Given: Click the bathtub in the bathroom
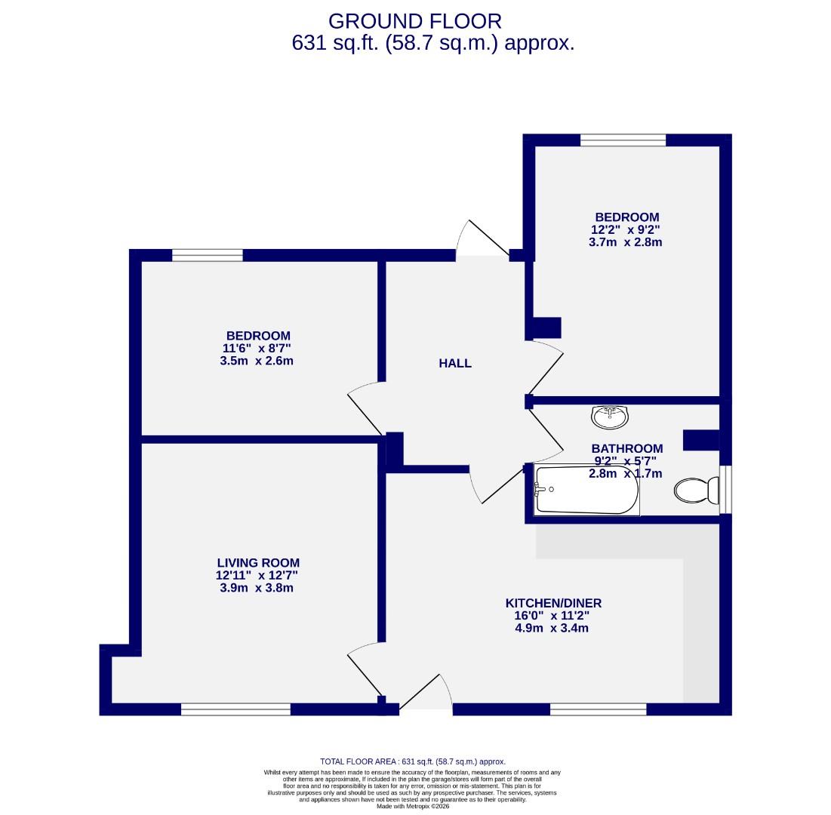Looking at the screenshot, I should click(x=586, y=490).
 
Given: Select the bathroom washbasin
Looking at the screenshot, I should click(x=611, y=415).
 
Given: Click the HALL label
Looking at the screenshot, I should click(x=455, y=363).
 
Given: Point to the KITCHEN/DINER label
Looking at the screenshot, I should click(x=553, y=603).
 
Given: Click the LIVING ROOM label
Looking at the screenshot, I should click(x=258, y=562).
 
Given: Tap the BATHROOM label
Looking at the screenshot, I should click(x=626, y=448).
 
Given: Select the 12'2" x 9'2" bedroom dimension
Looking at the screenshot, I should click(x=626, y=230).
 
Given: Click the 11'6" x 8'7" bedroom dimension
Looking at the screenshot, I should click(x=257, y=348).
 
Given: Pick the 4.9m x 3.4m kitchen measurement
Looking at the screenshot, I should click(x=552, y=628).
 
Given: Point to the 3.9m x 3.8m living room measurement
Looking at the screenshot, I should click(x=257, y=587).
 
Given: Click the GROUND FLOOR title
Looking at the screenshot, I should click(x=414, y=21).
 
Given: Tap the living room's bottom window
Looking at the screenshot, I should click(x=235, y=709).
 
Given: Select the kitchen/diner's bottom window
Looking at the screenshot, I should click(x=598, y=709).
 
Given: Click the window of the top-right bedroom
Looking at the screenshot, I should click(x=623, y=140).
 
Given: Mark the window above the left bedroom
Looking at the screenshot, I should click(x=208, y=255).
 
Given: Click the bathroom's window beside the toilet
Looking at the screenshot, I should click(x=725, y=490).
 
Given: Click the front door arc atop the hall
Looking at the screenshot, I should click(x=483, y=240).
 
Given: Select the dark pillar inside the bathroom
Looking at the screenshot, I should click(x=700, y=439).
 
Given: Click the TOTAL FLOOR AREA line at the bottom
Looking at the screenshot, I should click(x=413, y=761).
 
